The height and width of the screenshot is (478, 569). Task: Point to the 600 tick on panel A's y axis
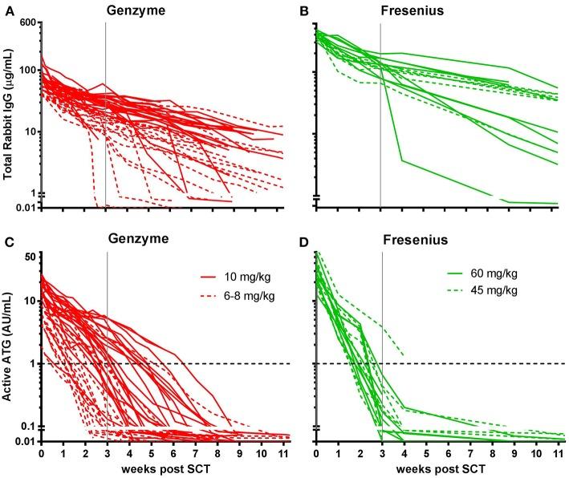click(x=23, y=22)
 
